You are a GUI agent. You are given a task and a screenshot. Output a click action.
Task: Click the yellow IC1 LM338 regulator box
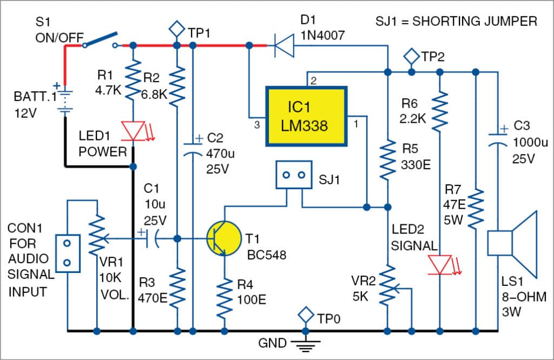tap(306, 116)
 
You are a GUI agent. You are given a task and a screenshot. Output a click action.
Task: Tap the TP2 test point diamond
tap(412, 56)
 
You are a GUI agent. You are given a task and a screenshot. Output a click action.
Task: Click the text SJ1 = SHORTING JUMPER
tap(456, 22)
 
